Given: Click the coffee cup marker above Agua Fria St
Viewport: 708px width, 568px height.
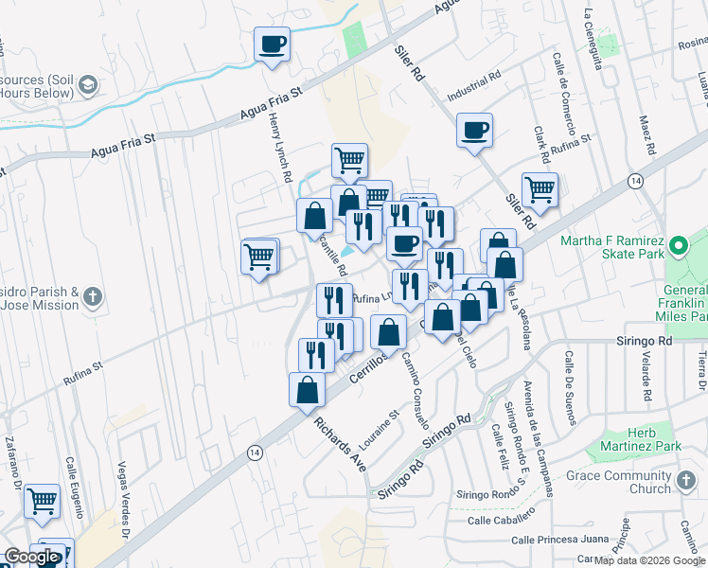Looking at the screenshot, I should pyautogui.click(x=272, y=44).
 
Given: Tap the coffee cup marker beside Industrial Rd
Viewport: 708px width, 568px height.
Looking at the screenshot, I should pyautogui.click(x=474, y=130).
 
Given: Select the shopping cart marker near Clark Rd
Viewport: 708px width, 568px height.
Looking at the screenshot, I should pyautogui.click(x=540, y=188).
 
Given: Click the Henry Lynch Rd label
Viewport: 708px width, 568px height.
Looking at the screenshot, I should pyautogui.click(x=281, y=152).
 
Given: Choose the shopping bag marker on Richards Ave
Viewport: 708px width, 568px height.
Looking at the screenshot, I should pyautogui.click(x=307, y=389).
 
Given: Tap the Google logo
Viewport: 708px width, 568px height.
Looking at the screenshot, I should pyautogui.click(x=30, y=557).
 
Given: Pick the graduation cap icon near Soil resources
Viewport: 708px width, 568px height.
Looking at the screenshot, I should pyautogui.click(x=88, y=85).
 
